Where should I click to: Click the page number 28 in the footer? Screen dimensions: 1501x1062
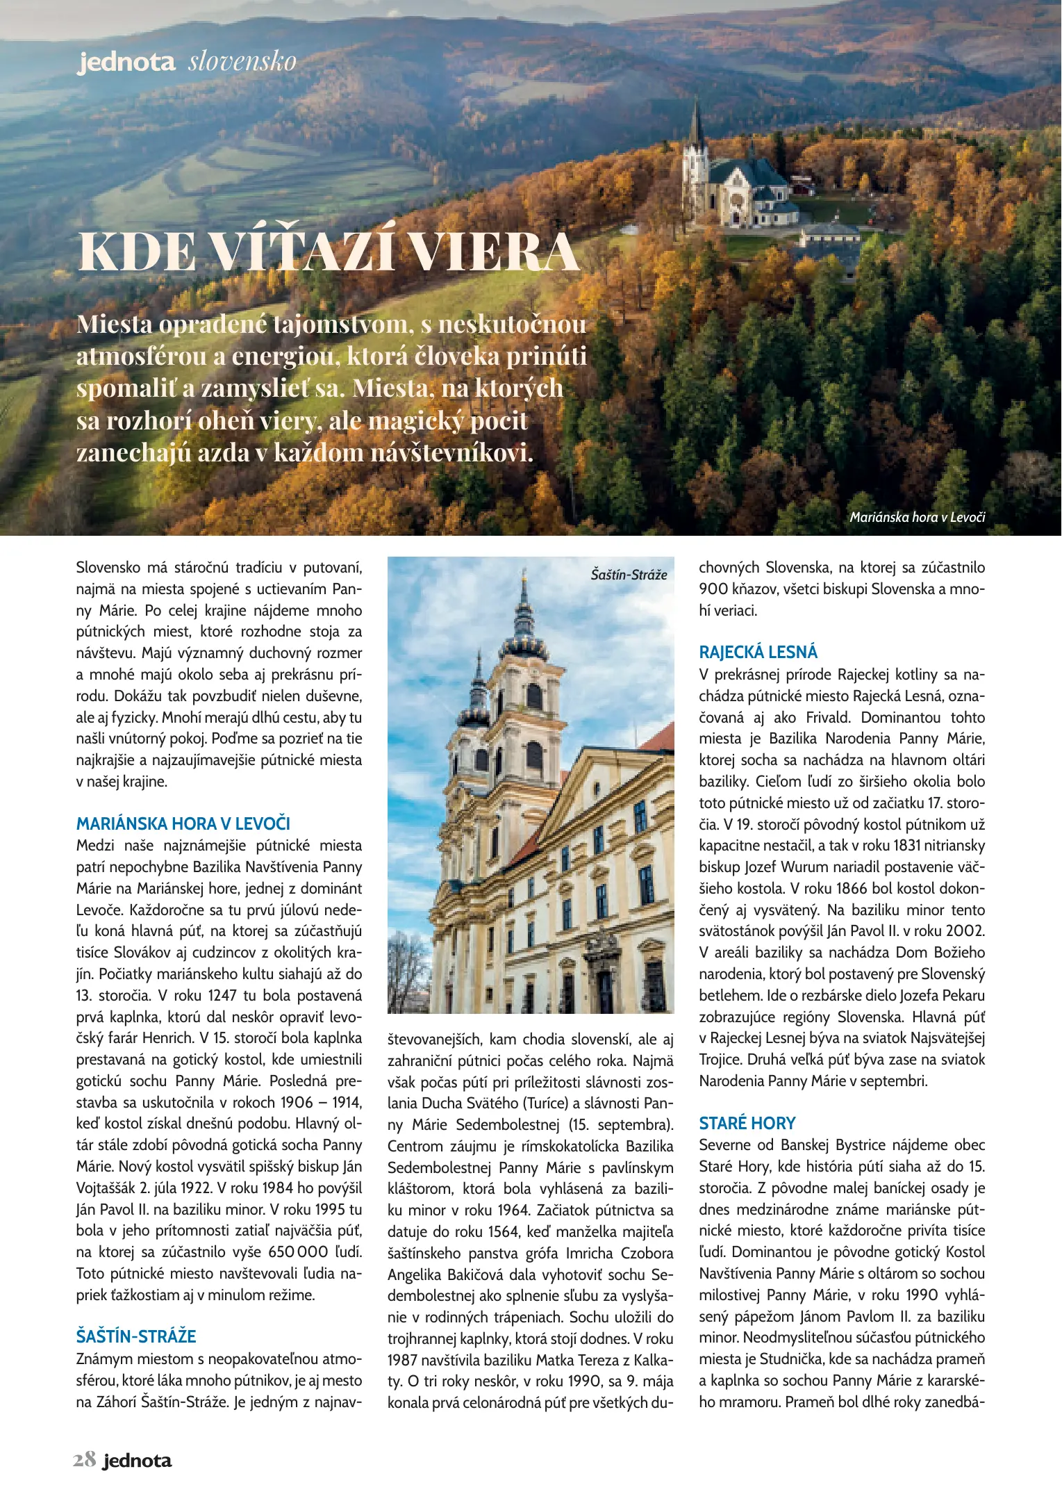(84, 1460)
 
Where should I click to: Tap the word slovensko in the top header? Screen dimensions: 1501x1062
(242, 62)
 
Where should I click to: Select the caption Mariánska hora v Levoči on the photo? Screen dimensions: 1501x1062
(917, 517)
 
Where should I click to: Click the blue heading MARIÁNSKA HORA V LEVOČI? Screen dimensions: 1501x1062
(183, 823)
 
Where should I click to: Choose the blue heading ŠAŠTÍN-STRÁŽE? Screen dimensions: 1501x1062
(136, 1336)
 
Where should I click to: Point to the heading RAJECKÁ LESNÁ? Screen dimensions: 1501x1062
(758, 652)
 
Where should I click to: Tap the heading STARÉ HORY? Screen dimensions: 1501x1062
(747, 1123)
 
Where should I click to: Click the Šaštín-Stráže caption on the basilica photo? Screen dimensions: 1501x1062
(629, 575)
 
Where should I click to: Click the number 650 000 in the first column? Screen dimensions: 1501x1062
(298, 1252)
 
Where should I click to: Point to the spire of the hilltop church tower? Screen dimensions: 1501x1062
(696, 122)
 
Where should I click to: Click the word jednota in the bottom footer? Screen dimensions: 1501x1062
(137, 1461)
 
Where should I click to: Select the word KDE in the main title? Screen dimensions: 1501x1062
(137, 251)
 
